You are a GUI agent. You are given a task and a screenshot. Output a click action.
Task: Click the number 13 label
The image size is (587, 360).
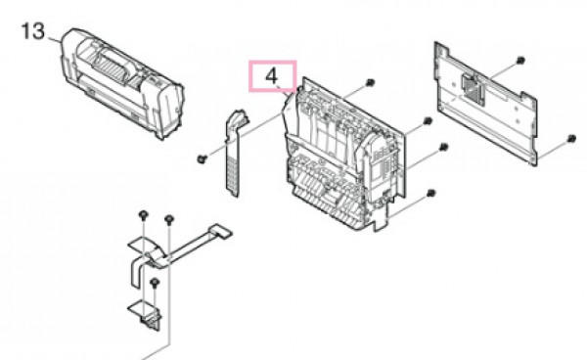[33, 31]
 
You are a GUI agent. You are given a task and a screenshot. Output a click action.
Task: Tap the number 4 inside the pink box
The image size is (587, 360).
[271, 76]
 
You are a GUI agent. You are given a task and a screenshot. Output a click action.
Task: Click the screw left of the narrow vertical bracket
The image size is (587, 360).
[202, 159]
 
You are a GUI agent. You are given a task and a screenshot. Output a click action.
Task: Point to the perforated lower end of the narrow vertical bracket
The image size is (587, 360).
[232, 175]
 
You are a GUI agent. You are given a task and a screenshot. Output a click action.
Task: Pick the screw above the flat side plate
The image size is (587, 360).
[520, 61]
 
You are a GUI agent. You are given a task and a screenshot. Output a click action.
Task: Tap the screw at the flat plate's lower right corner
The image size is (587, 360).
[571, 139]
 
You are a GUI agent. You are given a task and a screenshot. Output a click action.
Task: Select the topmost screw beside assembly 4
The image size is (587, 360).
[370, 82]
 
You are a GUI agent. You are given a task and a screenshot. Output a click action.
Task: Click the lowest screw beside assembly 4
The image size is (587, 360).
[430, 193]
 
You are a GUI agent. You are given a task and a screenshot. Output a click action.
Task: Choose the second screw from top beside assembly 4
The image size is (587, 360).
[428, 121]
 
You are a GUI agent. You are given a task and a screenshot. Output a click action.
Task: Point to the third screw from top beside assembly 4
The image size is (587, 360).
[443, 147]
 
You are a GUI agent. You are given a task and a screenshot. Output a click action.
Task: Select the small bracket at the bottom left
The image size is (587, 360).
[146, 315]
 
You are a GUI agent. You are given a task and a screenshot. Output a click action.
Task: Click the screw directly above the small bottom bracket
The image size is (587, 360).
[155, 283]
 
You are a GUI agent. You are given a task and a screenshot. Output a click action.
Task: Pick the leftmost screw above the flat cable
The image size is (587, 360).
[143, 215]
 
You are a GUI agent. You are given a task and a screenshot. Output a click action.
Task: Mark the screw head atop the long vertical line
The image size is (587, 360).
[169, 218]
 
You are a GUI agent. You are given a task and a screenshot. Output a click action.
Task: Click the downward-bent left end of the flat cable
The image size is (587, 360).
[136, 272]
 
